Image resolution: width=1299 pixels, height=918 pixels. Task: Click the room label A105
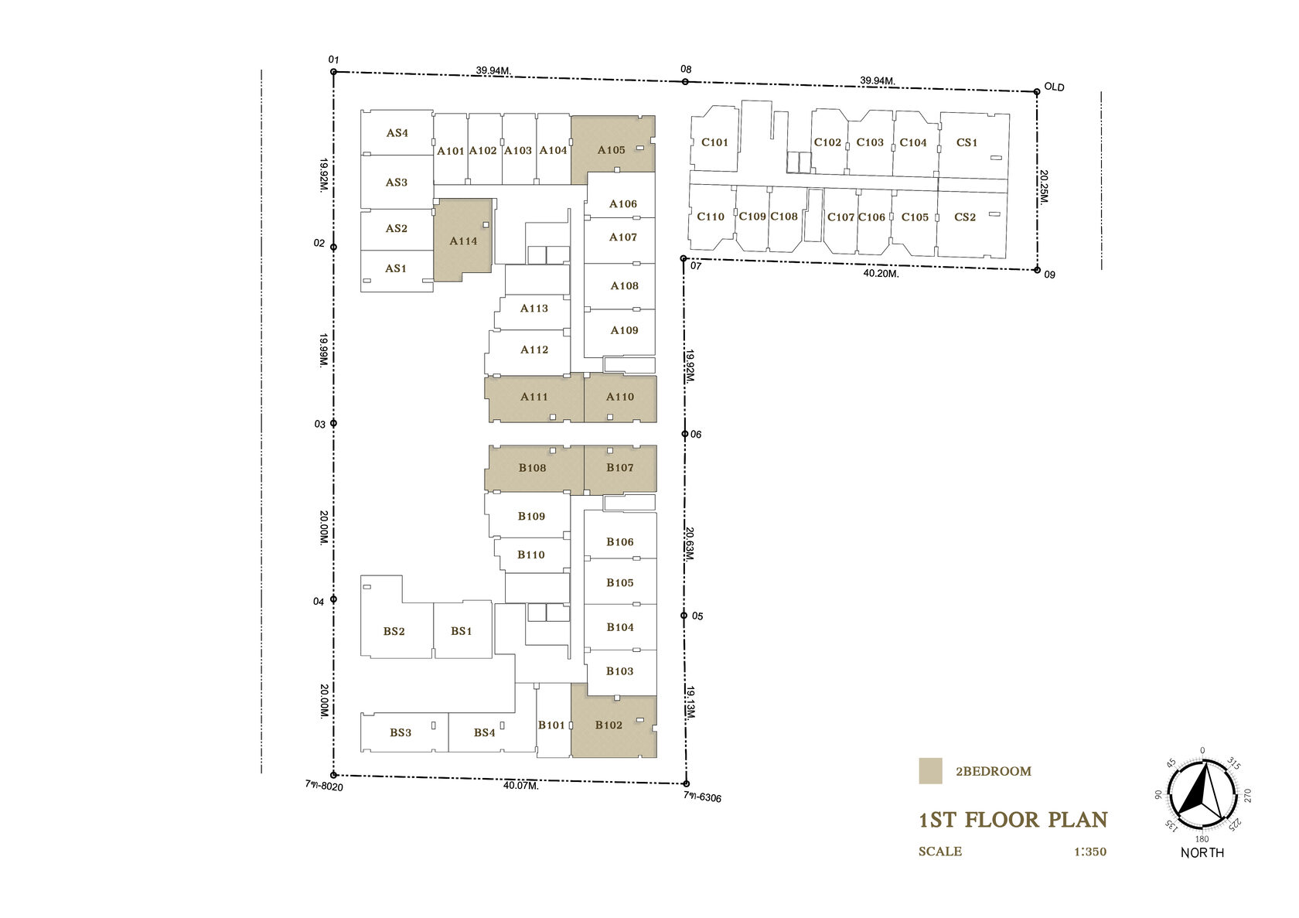(611, 150)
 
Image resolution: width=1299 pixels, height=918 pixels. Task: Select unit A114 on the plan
(462, 240)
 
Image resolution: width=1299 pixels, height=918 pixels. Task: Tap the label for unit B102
(609, 725)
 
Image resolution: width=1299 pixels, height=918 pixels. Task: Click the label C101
(714, 142)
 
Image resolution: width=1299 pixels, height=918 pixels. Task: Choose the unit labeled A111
(534, 398)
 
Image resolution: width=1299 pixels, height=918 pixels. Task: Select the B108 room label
(532, 467)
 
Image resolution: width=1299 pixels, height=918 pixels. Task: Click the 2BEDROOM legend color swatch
(930, 771)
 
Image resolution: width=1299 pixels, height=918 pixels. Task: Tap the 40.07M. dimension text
(521, 786)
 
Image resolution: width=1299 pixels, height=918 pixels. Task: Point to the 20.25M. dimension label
(1043, 186)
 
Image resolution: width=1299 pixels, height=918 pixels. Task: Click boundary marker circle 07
(684, 258)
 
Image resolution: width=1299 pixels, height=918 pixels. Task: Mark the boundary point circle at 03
(333, 423)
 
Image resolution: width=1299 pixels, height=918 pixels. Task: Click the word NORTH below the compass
(1202, 852)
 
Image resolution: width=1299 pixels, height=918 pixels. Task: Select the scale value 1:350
(1090, 851)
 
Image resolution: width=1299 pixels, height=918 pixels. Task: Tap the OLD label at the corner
(1055, 87)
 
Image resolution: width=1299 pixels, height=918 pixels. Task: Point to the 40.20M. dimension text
(881, 273)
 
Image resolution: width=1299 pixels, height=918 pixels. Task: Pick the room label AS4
(397, 133)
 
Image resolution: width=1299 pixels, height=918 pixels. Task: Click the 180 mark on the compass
(1202, 838)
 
